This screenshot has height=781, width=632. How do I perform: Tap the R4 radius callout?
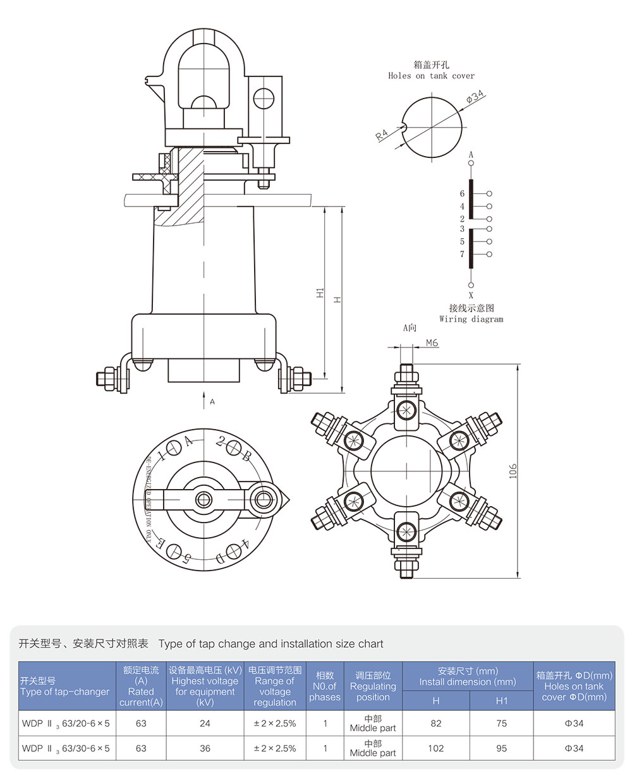pos(382,134)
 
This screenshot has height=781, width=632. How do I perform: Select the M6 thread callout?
pos(432,343)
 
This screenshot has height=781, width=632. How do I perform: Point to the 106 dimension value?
pos(513,471)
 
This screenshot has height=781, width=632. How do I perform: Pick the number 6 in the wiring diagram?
pos(462,194)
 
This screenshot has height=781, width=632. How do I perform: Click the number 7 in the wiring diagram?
pos(462,254)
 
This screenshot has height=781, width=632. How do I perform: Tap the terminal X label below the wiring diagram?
pos(471,294)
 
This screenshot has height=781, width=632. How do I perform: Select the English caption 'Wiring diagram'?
pos(471,319)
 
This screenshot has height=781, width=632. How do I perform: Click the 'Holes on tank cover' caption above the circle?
pos(431,76)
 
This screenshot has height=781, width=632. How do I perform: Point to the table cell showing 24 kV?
pos(205,723)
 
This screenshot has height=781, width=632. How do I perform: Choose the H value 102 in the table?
pos(436,748)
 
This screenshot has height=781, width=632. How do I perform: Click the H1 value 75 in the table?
pos(501,723)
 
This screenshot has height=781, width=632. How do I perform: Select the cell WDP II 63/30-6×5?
pos(66,748)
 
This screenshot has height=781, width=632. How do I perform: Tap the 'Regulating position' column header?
pos(373,686)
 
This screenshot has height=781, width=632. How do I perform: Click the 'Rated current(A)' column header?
pos(141,686)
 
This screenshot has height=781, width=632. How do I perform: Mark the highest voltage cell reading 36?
pos(205,748)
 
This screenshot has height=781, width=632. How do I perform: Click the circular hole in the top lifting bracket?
pos(264,98)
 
